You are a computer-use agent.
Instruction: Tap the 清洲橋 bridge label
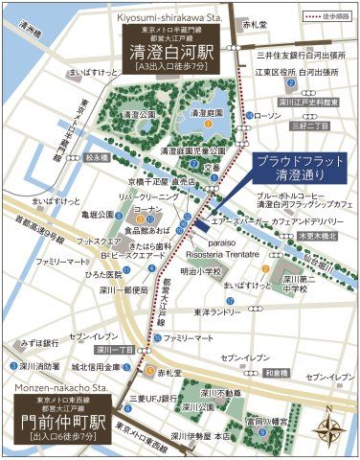coord(33,33)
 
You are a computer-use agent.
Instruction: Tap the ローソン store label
coord(270,116)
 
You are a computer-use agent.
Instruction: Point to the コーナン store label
coord(148,208)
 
